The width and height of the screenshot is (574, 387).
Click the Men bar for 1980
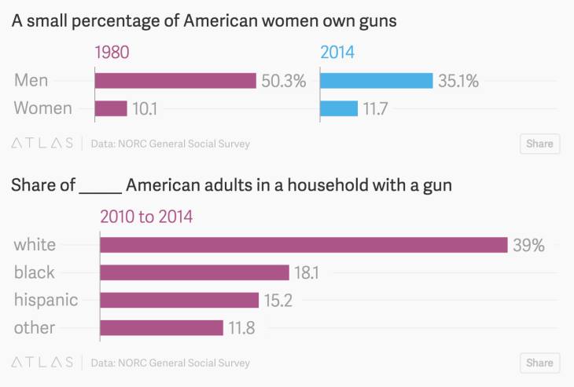175,81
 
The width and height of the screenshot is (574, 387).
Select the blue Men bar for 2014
377,81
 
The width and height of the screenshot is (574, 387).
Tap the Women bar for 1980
111,108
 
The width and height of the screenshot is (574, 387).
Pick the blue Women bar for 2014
339,108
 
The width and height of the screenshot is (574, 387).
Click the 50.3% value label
283,81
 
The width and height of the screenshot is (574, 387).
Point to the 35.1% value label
458,81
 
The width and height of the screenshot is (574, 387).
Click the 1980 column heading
112,53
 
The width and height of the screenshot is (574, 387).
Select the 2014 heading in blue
337,53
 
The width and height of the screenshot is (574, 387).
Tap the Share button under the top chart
539,144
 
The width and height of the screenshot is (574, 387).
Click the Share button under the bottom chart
539,363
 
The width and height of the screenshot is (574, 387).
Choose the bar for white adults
304,245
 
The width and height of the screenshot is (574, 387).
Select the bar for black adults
195,272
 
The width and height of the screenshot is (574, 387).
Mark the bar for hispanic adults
179,300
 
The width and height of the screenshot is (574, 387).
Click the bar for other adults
162,327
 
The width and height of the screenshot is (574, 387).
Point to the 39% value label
528,245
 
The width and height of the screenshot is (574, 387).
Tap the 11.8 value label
241,327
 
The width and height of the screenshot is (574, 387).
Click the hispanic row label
46,300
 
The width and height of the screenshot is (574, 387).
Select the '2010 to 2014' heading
146,217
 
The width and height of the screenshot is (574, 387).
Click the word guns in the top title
376,21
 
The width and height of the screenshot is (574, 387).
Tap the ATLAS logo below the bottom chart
42,363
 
